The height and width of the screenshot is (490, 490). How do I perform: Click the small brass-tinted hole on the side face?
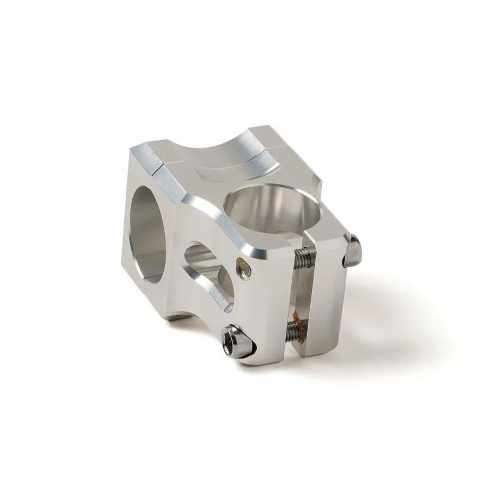click(242, 266)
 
